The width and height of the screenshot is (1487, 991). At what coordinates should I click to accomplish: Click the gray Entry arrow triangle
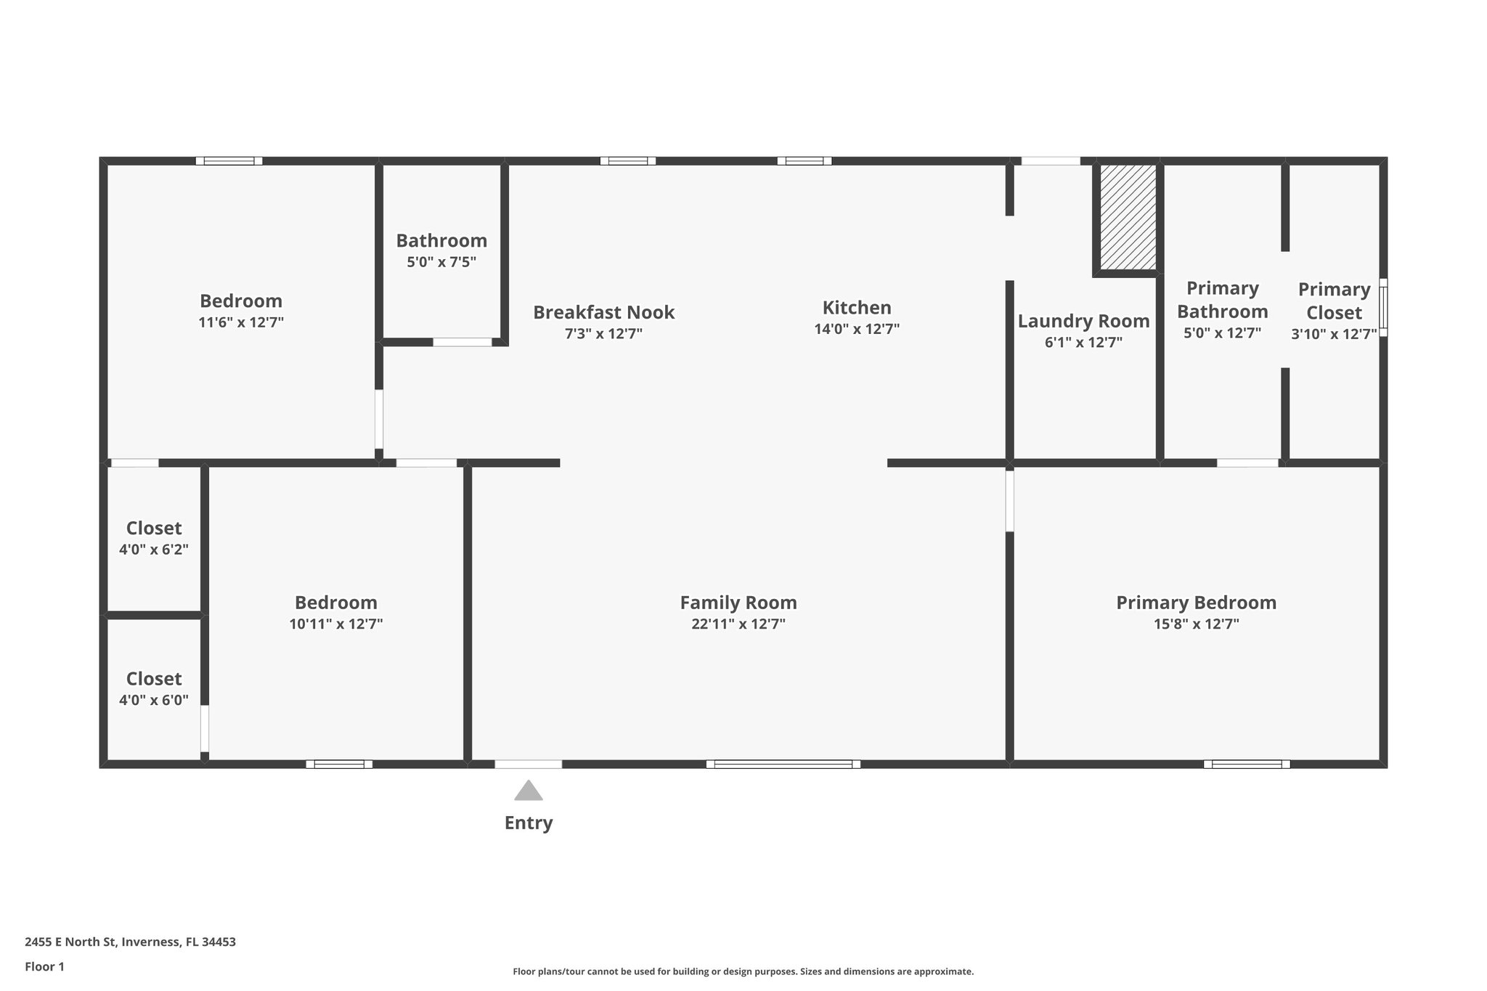(x=529, y=791)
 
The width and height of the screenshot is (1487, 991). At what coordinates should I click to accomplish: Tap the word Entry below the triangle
(x=529, y=823)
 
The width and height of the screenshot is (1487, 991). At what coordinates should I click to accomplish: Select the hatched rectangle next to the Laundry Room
(x=1128, y=217)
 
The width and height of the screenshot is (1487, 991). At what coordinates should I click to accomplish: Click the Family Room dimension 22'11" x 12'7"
(x=738, y=624)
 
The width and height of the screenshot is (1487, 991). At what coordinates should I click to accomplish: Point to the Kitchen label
(x=857, y=308)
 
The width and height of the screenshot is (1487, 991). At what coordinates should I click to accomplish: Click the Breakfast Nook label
(x=603, y=313)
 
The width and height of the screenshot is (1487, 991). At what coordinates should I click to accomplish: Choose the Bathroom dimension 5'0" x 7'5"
(x=441, y=262)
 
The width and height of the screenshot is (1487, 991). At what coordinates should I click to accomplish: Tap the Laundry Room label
(x=1083, y=321)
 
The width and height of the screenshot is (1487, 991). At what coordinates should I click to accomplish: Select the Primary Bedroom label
(x=1196, y=603)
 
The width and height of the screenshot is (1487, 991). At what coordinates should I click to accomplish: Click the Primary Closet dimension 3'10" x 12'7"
(x=1334, y=334)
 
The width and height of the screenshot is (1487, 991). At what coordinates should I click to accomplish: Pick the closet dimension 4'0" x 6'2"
(x=154, y=550)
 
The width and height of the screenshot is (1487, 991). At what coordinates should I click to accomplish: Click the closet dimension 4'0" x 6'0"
(x=154, y=701)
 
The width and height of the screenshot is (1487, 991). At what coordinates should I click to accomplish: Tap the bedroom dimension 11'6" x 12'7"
(x=241, y=322)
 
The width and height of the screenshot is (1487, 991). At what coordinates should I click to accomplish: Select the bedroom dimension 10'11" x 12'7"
(x=335, y=624)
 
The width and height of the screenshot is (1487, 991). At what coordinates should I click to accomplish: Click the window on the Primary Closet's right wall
(x=1383, y=307)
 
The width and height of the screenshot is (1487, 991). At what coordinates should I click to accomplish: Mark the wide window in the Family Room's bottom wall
(x=783, y=764)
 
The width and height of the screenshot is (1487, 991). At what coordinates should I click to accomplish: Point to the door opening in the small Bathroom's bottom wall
(x=463, y=342)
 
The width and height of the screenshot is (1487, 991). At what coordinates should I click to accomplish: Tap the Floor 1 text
(x=44, y=966)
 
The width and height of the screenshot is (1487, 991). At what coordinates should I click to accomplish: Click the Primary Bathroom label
(x=1222, y=300)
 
